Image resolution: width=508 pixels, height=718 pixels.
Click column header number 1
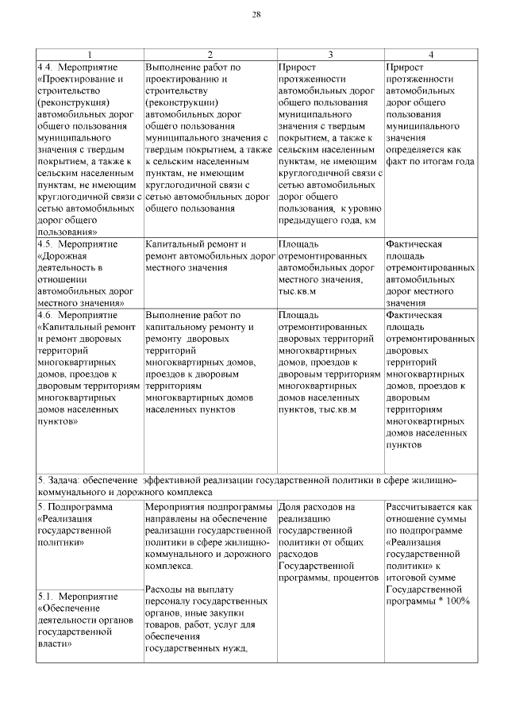[x=90, y=54]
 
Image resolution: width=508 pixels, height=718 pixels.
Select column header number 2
[x=210, y=54]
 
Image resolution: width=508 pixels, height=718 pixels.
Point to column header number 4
[x=430, y=54]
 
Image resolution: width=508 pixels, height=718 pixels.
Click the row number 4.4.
[x=47, y=67]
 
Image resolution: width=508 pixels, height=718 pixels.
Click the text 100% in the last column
[x=456, y=601]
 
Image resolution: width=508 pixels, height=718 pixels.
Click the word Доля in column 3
[x=292, y=505]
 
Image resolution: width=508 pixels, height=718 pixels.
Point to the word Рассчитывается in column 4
[x=422, y=505]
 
